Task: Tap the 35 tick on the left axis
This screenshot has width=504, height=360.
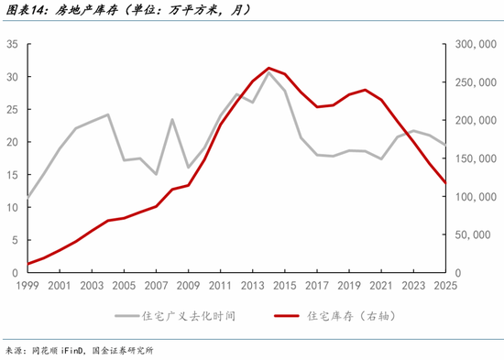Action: tap(12, 44)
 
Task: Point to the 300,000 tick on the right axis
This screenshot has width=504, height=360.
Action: tap(476, 44)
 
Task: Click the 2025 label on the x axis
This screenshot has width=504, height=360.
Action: tap(445, 286)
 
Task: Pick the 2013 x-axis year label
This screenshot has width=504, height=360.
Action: tap(253, 286)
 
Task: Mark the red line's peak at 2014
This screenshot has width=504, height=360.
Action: tap(268, 68)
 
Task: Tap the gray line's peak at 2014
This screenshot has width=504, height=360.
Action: tap(268, 73)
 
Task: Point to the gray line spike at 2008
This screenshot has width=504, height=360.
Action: tap(172, 119)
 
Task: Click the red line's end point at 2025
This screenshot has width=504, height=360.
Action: tap(445, 183)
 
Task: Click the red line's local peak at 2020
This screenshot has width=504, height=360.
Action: tap(365, 90)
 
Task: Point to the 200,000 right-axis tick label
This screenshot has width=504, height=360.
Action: tap(476, 121)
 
